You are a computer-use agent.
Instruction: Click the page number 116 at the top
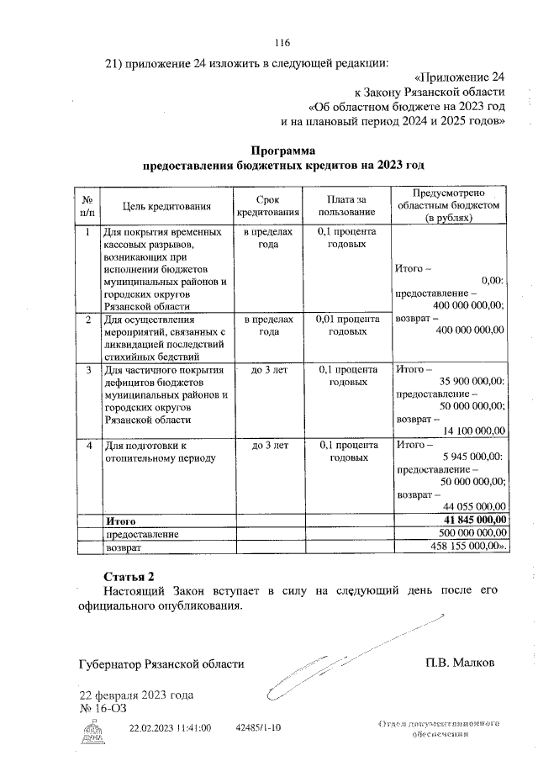pos(282,43)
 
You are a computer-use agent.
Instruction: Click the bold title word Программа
pos(282,151)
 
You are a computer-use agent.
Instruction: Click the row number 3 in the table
pos(87,369)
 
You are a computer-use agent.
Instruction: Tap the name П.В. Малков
pos(460,663)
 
